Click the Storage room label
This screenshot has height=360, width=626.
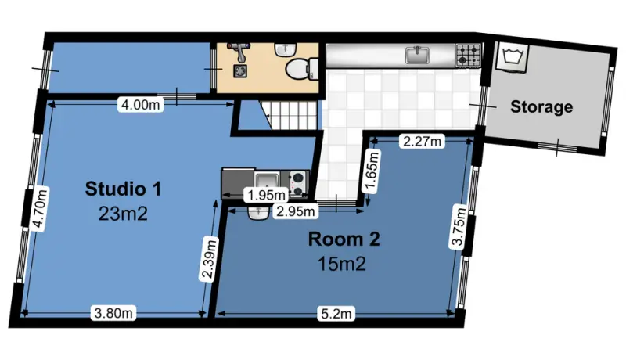pos(541,107)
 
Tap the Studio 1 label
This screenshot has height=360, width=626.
pos(123,189)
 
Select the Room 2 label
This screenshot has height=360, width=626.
pos(344,239)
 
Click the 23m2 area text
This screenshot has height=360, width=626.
pos(123,214)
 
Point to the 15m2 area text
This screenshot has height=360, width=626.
pos(342,264)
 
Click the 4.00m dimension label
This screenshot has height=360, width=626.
pos(141,105)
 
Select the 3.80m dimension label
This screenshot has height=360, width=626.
pos(113,313)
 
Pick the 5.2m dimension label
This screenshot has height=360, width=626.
pos(336,314)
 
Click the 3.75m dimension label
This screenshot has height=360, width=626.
pos(459,226)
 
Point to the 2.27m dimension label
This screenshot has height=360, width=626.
pos(422,142)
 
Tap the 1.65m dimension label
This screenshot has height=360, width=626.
pos(371,171)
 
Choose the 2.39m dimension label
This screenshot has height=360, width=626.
pos(209,259)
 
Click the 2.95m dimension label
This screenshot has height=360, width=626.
pos(296,211)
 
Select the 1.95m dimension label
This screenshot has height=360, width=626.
pos(266,195)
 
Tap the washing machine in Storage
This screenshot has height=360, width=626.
pos(513,57)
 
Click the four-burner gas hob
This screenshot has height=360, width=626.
pos(468,55)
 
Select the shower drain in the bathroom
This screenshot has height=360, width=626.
pos(240,71)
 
